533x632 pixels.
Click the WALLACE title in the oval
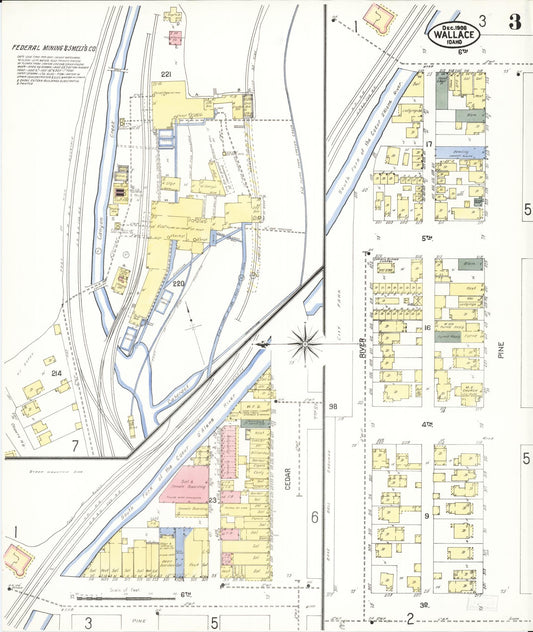[455, 32]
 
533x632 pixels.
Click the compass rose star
[305, 342]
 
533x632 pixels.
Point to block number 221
[166, 76]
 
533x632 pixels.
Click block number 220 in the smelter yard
[179, 284]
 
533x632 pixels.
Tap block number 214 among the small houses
[57, 373]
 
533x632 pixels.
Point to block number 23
[212, 499]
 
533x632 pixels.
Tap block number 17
[428, 144]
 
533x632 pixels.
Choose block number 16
[427, 327]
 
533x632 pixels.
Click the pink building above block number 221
[174, 38]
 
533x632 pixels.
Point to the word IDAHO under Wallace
[454, 42]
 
